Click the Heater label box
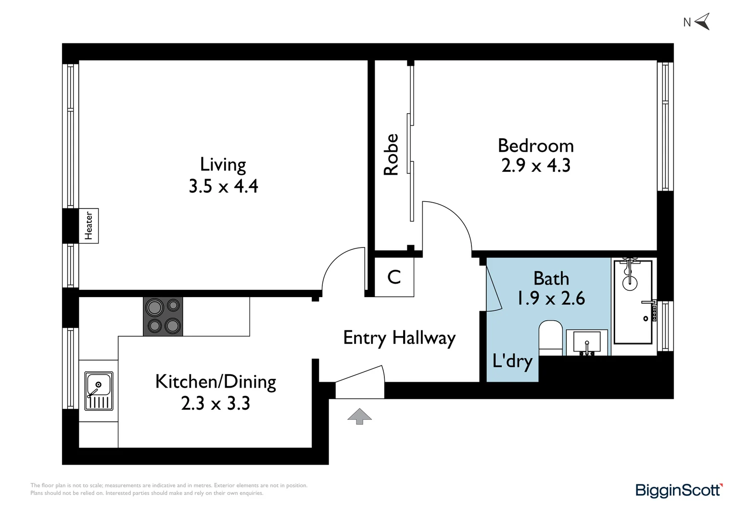[x=89, y=226]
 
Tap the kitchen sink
[x=99, y=390]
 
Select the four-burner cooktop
[x=163, y=316]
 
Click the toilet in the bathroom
[x=550, y=338]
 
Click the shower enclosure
[x=633, y=302]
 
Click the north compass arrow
[x=702, y=22]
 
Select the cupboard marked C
[x=394, y=277]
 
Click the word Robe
[x=391, y=155]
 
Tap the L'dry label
[x=512, y=361]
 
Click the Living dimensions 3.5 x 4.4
[x=223, y=186]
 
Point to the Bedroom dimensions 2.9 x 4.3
[x=535, y=166]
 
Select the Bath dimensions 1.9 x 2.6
[x=551, y=299]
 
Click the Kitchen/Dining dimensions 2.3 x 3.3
[x=215, y=403]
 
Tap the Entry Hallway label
[x=399, y=338]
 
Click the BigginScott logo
[x=679, y=490]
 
